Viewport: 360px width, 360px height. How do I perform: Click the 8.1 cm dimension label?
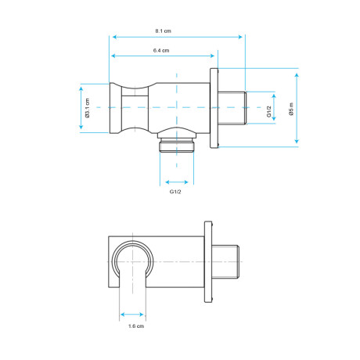coord(164,31)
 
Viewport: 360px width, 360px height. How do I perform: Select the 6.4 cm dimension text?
coord(161,50)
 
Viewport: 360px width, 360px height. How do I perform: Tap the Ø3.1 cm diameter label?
coord(87,108)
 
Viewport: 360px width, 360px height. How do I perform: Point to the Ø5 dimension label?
coord(291,109)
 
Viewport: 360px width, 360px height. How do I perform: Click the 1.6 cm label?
coord(136,326)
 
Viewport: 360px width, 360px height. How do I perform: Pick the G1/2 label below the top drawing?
coord(175,192)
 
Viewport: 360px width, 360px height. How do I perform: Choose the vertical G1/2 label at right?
coord(269,111)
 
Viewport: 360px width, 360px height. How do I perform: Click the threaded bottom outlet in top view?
coord(177,145)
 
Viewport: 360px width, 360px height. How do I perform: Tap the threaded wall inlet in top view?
coord(232,107)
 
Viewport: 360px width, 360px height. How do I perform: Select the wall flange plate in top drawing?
coord(214,108)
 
